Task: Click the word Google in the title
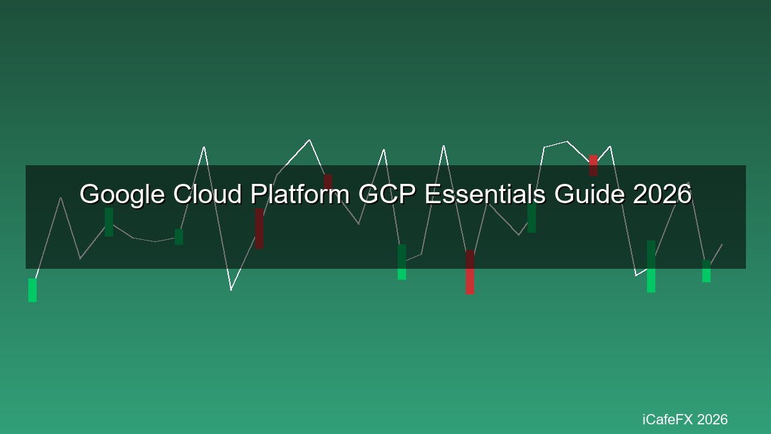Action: coord(122,195)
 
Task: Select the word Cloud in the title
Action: coord(207,194)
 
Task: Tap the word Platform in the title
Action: coord(300,194)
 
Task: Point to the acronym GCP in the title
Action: coord(387,194)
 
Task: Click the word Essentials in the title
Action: coord(485,194)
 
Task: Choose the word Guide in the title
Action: coord(589,194)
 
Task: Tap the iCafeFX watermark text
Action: coord(668,419)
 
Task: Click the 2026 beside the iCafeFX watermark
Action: coord(713,419)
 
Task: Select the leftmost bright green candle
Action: coord(32,290)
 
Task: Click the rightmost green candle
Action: coord(706,271)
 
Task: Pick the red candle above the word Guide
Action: coord(594,165)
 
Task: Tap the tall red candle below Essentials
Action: coord(470,272)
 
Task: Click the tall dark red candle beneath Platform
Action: coord(259,228)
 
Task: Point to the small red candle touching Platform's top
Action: coord(328,181)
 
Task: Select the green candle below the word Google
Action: coord(109,222)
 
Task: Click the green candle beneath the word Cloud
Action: coord(179,237)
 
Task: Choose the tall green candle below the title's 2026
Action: coord(651,267)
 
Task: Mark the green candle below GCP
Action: coord(402,262)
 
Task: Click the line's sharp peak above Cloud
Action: coord(204,147)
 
